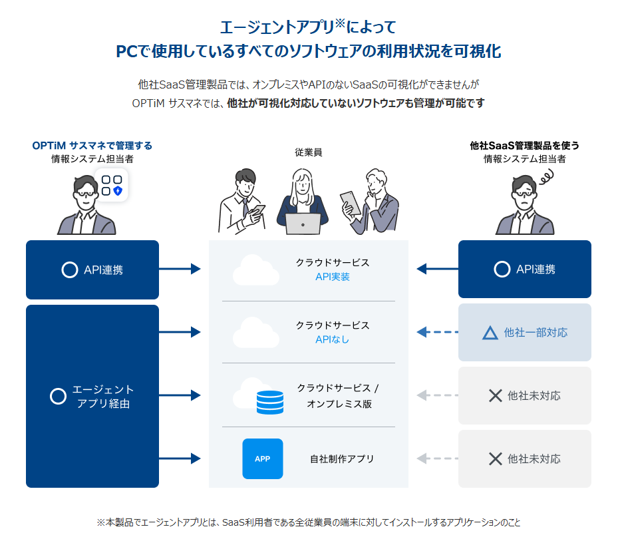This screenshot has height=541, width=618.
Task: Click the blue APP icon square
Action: pyautogui.click(x=263, y=458)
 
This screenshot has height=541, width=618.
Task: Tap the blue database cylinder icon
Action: pyautogui.click(x=270, y=402)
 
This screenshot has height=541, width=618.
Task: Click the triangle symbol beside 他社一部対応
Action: pyautogui.click(x=490, y=332)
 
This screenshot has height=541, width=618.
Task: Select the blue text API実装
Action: pyautogui.click(x=333, y=277)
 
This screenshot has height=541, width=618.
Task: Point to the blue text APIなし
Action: pyautogui.click(x=333, y=339)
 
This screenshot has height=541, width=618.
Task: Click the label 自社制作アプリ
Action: pyautogui.click(x=342, y=458)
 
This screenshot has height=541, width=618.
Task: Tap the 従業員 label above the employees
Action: pyautogui.click(x=309, y=152)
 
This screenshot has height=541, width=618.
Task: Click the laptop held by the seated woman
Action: pyautogui.click(x=303, y=224)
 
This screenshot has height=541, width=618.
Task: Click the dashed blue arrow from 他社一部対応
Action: pyautogui.click(x=438, y=332)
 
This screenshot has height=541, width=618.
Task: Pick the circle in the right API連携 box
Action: pyautogui.click(x=502, y=270)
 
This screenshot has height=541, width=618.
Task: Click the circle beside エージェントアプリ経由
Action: pyautogui.click(x=59, y=396)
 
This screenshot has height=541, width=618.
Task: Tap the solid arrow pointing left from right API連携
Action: pyautogui.click(x=438, y=269)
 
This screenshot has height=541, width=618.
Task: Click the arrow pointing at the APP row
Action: pyautogui.click(x=180, y=458)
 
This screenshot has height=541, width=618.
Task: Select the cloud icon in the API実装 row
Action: pyautogui.click(x=255, y=270)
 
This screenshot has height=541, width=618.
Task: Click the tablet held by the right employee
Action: pyautogui.click(x=350, y=202)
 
